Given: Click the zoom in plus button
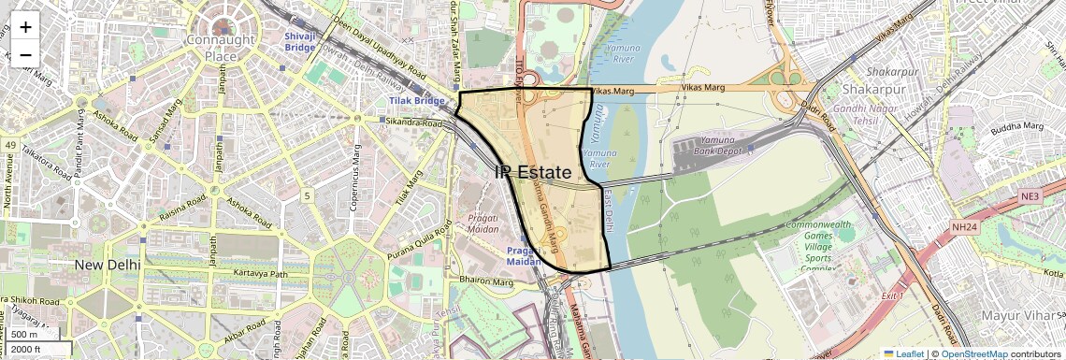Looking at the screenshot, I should click(25, 27).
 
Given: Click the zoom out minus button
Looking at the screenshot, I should click(25, 54).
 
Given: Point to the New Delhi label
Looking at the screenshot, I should click(108, 265).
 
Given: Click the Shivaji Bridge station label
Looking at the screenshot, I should click(301, 40).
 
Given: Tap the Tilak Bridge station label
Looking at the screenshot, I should click(417, 100).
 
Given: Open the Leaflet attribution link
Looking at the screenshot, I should click(903, 353).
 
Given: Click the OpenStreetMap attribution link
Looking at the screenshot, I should click(975, 353).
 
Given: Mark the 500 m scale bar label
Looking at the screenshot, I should click(25, 334).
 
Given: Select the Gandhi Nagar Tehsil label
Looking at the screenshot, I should click(854, 115).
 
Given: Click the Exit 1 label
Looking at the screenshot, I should click(893, 295).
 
